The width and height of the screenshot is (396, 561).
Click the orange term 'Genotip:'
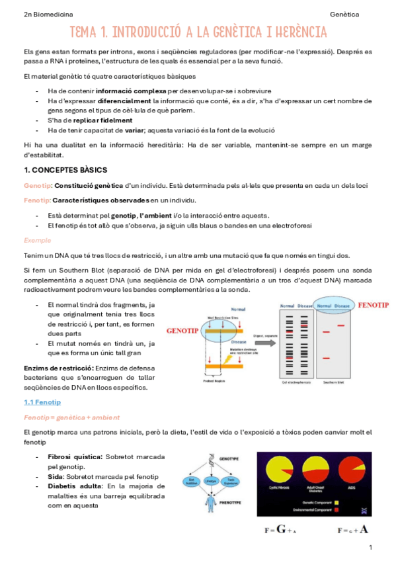coord(37,185)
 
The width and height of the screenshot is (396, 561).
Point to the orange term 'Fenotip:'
coord(36,200)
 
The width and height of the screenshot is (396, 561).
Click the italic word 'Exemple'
coord(37,240)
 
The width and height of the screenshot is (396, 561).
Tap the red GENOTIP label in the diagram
coord(183,329)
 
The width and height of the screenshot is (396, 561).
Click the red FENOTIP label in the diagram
coord(373,306)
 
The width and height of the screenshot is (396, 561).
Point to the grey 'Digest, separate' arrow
coord(263,343)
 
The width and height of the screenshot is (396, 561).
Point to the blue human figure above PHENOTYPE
coord(210,502)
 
